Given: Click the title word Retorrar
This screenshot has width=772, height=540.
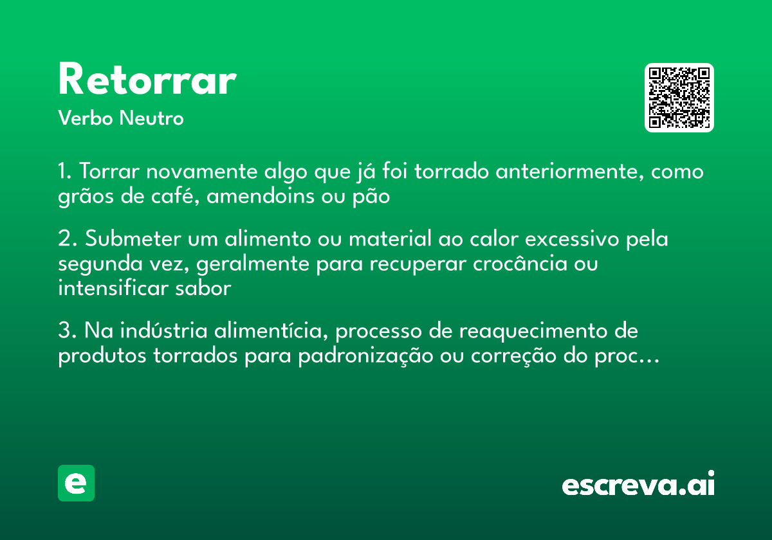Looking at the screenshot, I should tap(147, 81).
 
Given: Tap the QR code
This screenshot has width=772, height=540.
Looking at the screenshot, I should tap(679, 98).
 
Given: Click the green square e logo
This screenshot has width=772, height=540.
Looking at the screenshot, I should tap(76, 483).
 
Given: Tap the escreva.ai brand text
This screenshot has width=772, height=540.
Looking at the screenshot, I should tap(638, 485).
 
